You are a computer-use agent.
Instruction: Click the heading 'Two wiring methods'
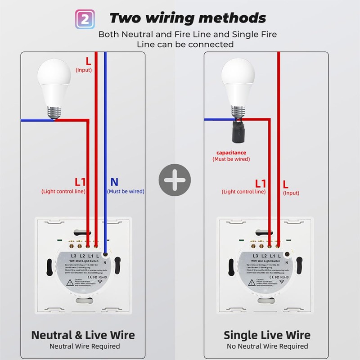[x=188, y=18]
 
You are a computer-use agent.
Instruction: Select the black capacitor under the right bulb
[x=236, y=133]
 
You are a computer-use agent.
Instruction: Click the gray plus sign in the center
[x=175, y=180]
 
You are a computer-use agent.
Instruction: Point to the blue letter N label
[x=114, y=182]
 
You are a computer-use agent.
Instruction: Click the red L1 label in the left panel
[x=80, y=182]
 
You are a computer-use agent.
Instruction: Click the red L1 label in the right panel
[x=261, y=183]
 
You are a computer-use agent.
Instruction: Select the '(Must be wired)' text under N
[x=126, y=191]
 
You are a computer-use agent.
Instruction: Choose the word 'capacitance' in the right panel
[x=231, y=153]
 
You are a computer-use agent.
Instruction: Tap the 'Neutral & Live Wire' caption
[x=83, y=335]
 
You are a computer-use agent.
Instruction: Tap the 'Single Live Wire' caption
[x=267, y=335]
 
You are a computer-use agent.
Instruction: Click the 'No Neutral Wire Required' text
[x=267, y=346]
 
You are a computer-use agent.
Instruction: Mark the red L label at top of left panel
[x=88, y=60]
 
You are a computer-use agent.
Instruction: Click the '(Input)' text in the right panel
[x=291, y=193]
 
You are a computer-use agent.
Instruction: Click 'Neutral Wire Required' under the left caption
[x=85, y=346]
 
